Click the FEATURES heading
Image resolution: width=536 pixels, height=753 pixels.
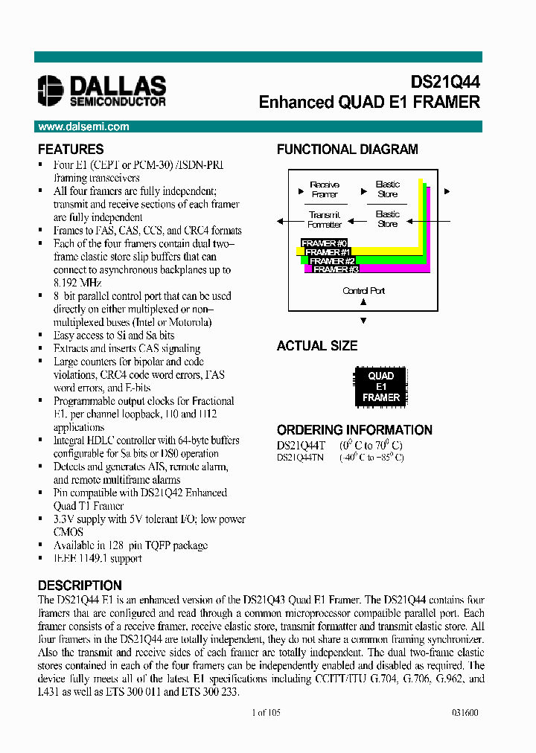pyautogui.click(x=71, y=150)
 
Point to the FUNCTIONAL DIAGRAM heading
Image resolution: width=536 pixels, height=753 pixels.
pyautogui.click(x=347, y=150)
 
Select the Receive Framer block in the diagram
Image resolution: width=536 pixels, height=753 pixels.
pyautogui.click(x=325, y=189)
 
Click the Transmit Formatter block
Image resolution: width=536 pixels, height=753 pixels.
pyautogui.click(x=325, y=220)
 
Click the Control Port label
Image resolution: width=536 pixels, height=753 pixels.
pyautogui.click(x=363, y=290)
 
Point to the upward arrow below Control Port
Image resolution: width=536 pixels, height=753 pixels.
pyautogui.click(x=363, y=303)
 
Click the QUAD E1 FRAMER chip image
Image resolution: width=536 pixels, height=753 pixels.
pyautogui.click(x=380, y=387)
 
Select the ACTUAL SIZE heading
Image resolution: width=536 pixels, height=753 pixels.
pyautogui.click(x=317, y=346)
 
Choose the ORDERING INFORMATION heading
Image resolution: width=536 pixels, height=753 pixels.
pyautogui.click(x=354, y=430)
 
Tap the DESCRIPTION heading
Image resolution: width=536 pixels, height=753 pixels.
pyautogui.click(x=80, y=586)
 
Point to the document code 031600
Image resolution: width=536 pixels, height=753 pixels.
pyautogui.click(x=465, y=712)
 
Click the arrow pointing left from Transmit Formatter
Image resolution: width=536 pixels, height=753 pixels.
pyautogui.click(x=280, y=220)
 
